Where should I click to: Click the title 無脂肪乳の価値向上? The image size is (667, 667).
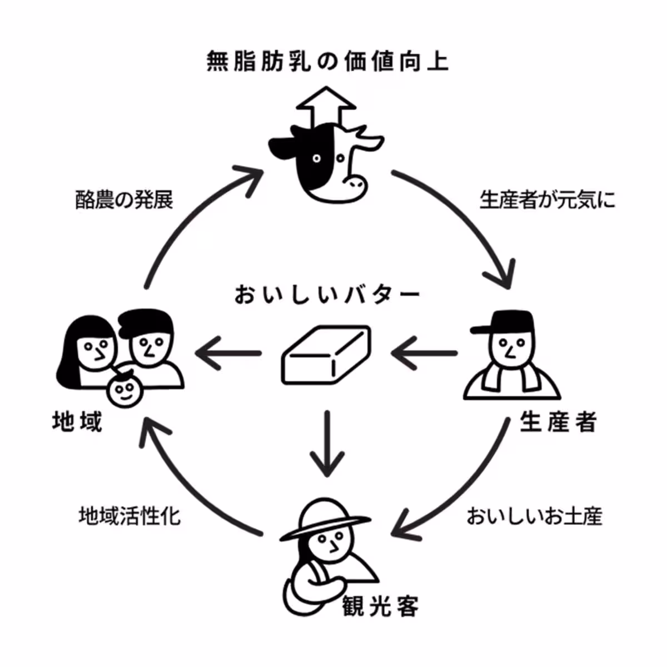(327, 62)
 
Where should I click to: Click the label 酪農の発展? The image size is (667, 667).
(124, 200)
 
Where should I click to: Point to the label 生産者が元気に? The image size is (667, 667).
(547, 200)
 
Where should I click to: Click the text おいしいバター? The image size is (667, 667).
(326, 295)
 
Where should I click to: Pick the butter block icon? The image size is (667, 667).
(326, 355)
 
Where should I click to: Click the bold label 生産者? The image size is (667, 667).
(558, 422)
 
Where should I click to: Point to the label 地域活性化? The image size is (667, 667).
(129, 516)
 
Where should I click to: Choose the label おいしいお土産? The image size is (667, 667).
(534, 516)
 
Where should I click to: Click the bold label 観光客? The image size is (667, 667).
(381, 605)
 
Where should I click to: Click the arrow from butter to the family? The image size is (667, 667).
(228, 354)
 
